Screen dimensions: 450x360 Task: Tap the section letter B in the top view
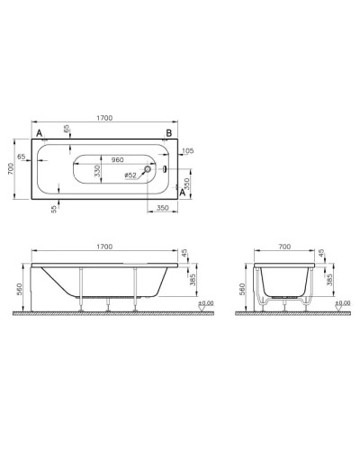click(x=167, y=134)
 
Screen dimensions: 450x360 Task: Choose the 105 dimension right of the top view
click(x=187, y=149)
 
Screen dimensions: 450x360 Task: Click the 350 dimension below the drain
click(x=163, y=207)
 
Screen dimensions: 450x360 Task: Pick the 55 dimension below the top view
click(x=54, y=207)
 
